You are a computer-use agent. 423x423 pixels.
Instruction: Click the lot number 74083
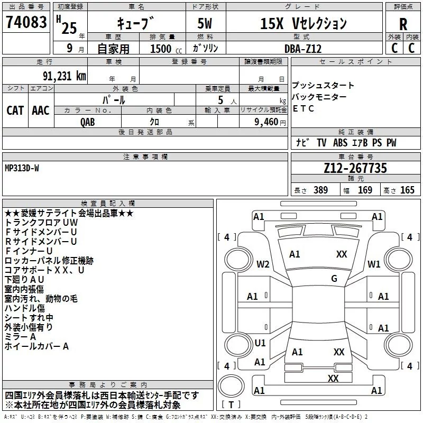pyautogui.click(x=26, y=22)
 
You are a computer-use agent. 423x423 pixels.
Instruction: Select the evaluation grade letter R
pyautogui.click(x=403, y=24)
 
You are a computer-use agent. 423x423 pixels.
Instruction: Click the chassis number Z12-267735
pyautogui.click(x=355, y=169)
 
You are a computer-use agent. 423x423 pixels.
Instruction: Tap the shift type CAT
pyautogui.click(x=15, y=110)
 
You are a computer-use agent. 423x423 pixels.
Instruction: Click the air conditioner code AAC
pyautogui.click(x=40, y=110)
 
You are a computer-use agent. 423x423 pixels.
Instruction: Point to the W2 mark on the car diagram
pyautogui.click(x=263, y=264)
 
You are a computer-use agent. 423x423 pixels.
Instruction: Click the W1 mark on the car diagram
pyautogui.click(x=374, y=264)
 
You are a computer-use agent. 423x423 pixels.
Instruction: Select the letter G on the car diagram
pyautogui.click(x=334, y=279)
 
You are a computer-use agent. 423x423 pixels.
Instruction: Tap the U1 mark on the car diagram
pyautogui.click(x=260, y=343)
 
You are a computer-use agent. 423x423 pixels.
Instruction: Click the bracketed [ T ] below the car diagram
pyautogui.click(x=231, y=404)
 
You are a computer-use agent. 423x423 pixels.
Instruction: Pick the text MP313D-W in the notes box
pyautogui.click(x=22, y=168)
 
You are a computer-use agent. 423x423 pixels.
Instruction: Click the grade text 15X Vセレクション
pyautogui.click(x=304, y=23)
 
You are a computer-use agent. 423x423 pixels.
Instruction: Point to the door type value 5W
pyautogui.click(x=206, y=23)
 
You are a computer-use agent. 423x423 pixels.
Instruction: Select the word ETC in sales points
pyautogui.click(x=303, y=109)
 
